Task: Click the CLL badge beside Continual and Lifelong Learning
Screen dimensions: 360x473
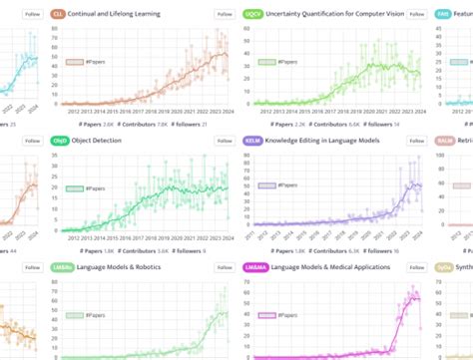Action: click(58, 15)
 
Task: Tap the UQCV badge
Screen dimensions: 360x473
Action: click(254, 15)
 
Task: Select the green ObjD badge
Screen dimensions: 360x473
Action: click(59, 142)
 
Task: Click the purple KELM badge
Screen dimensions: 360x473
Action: click(253, 142)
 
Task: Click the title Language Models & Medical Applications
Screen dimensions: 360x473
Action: click(329, 267)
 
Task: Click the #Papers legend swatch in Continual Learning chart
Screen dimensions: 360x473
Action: click(74, 62)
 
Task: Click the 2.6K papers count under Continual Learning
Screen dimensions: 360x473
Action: click(103, 125)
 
